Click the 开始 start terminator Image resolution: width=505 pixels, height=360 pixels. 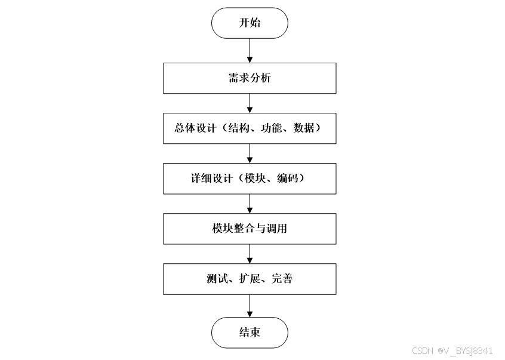point(250,23)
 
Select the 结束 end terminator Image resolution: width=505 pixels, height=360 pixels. point(250,333)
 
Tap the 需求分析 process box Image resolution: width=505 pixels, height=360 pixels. point(250,78)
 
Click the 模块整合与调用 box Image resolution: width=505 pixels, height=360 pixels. point(250,229)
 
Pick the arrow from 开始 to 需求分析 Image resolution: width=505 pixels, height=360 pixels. point(250,51)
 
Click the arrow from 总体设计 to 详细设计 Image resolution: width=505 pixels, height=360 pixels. point(250,153)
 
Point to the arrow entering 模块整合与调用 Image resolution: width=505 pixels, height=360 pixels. point(250,204)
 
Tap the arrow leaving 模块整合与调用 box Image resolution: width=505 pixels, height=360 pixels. point(250,254)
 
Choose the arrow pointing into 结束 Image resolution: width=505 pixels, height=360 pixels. point(250,306)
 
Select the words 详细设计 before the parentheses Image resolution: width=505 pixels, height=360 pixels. point(204,179)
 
